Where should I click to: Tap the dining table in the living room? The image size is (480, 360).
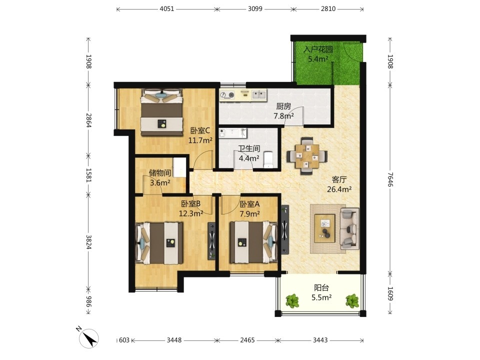(x=307, y=156)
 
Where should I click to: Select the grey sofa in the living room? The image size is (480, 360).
(x=349, y=228)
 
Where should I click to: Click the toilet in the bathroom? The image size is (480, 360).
(x=268, y=159)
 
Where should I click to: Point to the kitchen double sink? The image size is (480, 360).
(x=259, y=95)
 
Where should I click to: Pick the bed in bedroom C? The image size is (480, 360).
(x=161, y=112)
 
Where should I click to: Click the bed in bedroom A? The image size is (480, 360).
(x=254, y=242)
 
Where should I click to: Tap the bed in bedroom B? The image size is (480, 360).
(x=159, y=243)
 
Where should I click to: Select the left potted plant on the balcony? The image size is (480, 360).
(x=292, y=300)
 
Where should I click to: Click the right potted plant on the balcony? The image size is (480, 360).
(x=352, y=300)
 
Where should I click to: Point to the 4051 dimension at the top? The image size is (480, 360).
(x=167, y=9)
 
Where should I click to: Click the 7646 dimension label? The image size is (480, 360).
(x=390, y=179)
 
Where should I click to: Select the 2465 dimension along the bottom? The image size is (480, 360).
(x=247, y=340)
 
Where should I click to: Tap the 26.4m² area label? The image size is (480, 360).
(x=339, y=189)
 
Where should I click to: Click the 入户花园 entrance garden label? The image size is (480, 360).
(x=318, y=49)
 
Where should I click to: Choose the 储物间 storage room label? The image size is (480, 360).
(x=160, y=173)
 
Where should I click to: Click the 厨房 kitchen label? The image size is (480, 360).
(x=283, y=106)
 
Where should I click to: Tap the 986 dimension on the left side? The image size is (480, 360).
(x=88, y=301)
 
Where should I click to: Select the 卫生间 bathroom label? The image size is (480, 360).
(x=249, y=148)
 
